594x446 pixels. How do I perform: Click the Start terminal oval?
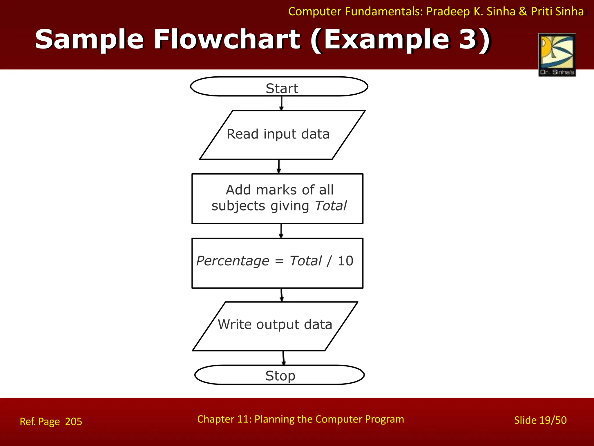(279, 87)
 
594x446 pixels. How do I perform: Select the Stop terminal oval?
(279, 375)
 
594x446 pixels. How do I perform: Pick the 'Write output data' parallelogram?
(275, 326)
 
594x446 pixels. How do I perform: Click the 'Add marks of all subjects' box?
(277, 199)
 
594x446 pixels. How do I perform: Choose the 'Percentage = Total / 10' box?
(277, 263)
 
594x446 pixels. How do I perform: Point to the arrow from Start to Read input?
(281, 103)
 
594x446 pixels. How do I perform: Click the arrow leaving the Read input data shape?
(279, 166)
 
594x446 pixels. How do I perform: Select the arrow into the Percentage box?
(281, 231)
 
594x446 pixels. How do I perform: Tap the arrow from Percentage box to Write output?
(282, 295)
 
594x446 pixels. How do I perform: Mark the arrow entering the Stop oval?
(284, 358)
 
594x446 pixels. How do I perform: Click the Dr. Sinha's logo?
(557, 55)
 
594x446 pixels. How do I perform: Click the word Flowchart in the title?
(227, 39)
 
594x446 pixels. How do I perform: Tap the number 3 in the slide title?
(467, 39)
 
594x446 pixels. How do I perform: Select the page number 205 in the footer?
(74, 422)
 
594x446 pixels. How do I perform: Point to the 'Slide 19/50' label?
(540, 420)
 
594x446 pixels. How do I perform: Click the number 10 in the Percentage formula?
(345, 261)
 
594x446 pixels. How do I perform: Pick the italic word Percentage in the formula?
(233, 261)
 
